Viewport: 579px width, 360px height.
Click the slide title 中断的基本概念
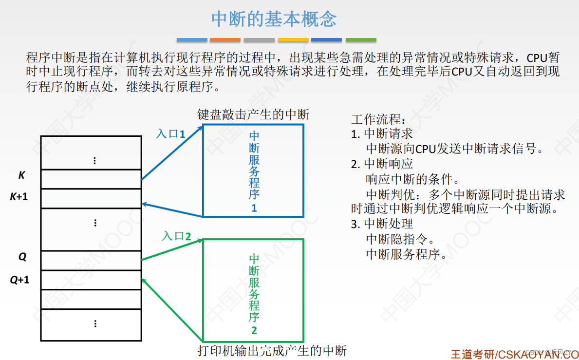click(274, 19)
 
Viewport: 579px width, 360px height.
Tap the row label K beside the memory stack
click(21, 175)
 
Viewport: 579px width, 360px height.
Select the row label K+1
click(20, 196)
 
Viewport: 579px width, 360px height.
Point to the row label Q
click(22, 256)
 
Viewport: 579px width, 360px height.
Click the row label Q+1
click(20, 280)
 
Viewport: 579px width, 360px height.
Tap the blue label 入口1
click(170, 133)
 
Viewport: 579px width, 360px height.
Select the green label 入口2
click(176, 237)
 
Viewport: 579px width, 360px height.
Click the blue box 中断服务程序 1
click(253, 171)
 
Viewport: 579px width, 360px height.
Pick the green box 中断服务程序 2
click(253, 290)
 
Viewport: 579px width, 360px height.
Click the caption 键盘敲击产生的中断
click(253, 115)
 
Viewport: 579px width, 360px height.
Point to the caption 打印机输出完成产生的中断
click(272, 350)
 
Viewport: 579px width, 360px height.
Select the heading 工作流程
click(377, 119)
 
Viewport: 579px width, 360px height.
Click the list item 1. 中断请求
click(382, 133)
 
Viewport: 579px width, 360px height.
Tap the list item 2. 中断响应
click(382, 164)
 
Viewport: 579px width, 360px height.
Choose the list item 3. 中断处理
click(382, 224)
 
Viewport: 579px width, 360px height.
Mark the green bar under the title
click(361, 39)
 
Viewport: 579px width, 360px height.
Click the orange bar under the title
click(225, 39)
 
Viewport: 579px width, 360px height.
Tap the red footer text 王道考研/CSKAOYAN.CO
click(514, 354)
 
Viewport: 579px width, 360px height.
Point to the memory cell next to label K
click(91, 179)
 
